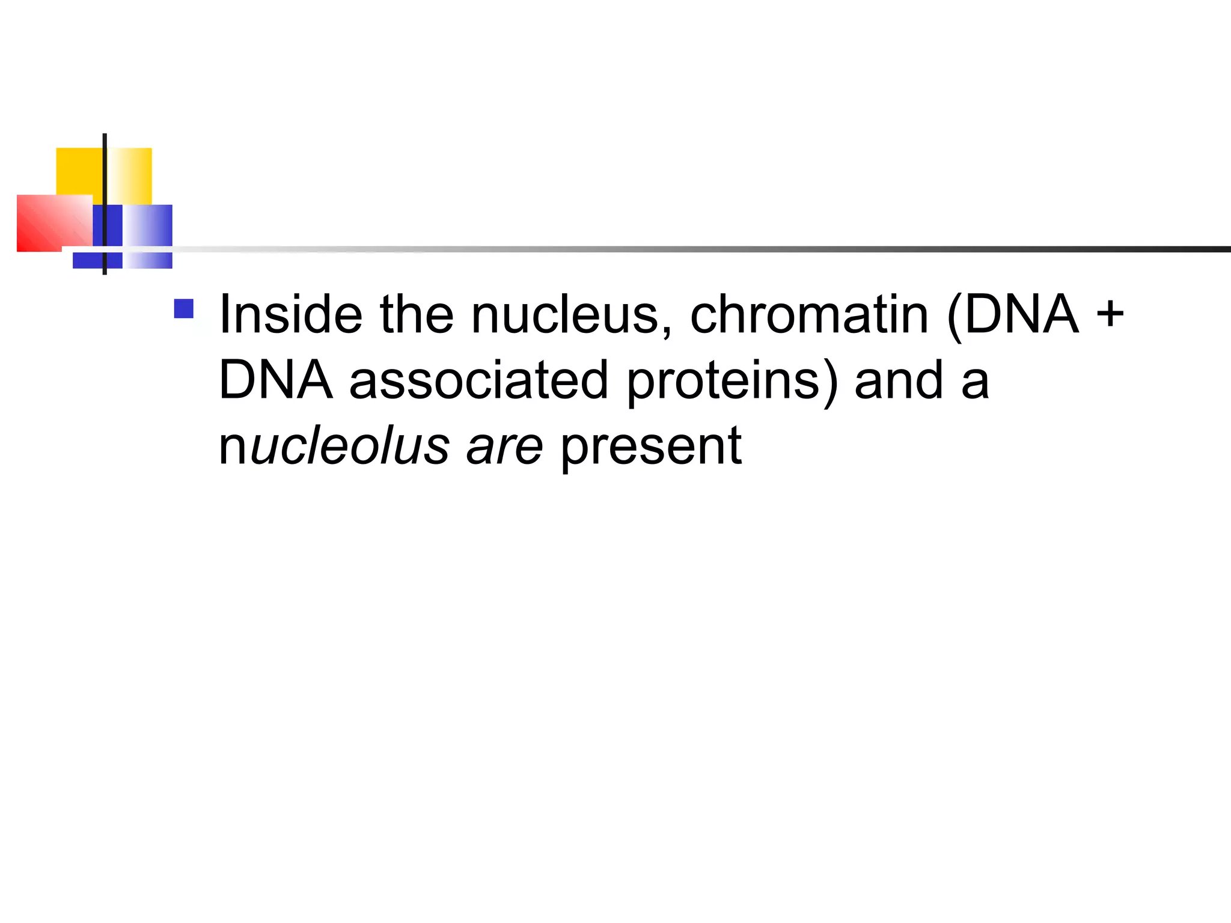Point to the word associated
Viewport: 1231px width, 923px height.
click(478, 380)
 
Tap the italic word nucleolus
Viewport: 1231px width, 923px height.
click(334, 446)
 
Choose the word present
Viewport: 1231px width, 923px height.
click(651, 447)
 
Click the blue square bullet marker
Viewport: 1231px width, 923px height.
click(184, 309)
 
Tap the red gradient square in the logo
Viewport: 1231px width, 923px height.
click(50, 222)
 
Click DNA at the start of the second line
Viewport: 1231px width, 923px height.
click(275, 380)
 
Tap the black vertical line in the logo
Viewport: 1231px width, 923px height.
click(105, 180)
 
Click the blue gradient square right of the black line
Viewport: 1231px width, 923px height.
click(148, 226)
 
